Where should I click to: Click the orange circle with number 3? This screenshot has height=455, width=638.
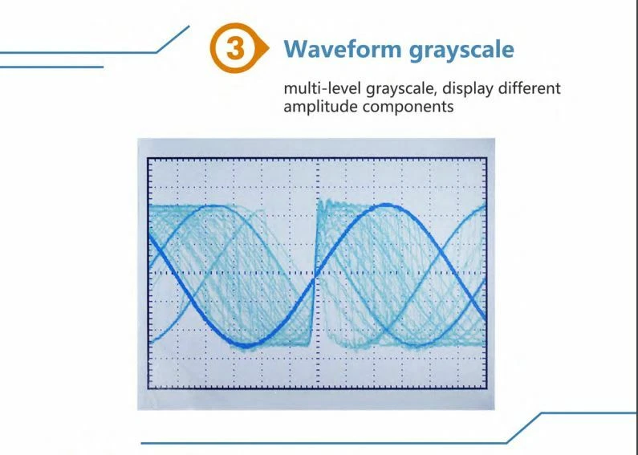click(x=234, y=48)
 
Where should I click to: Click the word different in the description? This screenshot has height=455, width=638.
click(x=530, y=88)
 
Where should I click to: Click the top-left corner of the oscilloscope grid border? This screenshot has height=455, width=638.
click(x=148, y=159)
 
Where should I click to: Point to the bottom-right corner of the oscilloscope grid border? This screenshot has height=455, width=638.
click(x=486, y=388)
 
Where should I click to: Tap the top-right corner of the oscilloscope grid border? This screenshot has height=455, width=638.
click(x=486, y=159)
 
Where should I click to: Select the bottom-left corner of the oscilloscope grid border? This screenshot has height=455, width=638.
click(x=148, y=388)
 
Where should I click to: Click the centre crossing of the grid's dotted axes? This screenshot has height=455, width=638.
click(x=318, y=273)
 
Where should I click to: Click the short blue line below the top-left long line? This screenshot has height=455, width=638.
click(x=51, y=67)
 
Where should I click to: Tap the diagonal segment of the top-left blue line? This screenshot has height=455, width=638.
click(x=173, y=39)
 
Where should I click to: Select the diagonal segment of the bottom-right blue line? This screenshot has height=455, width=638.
click(x=524, y=428)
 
